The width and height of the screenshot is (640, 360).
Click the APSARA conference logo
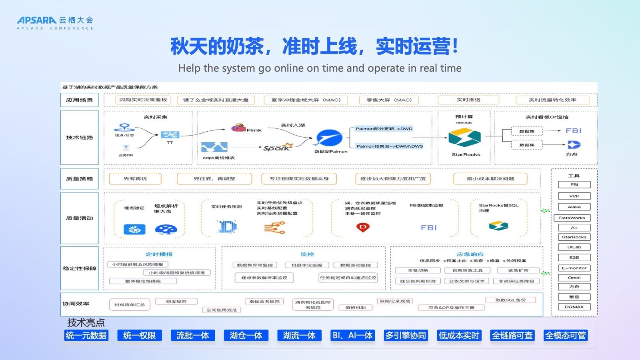tap(55, 23)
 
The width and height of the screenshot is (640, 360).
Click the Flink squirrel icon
tap(238, 128)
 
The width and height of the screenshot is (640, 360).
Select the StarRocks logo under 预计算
tap(464, 138)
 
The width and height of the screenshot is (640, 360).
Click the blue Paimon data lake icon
tap(329, 138)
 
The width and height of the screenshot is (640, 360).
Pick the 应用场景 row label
tap(79, 100)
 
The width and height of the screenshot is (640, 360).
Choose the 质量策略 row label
tap(79, 179)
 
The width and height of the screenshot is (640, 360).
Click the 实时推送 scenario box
tap(468, 100)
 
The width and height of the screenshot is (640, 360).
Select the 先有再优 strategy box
tap(135, 179)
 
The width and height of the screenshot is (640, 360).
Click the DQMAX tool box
tap(574, 307)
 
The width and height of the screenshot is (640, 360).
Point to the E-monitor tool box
tap(574, 268)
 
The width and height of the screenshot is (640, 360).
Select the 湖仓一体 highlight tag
tap(246, 335)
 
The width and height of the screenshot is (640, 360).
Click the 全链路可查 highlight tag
tap(512, 335)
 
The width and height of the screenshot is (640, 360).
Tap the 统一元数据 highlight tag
tap(86, 335)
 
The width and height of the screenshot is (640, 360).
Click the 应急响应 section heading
tap(470, 254)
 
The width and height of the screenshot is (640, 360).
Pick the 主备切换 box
tap(418, 270)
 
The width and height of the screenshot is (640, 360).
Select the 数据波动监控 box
tap(355, 265)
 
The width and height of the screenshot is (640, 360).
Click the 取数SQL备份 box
tap(510, 300)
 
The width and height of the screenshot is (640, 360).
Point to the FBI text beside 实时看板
tap(573, 131)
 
